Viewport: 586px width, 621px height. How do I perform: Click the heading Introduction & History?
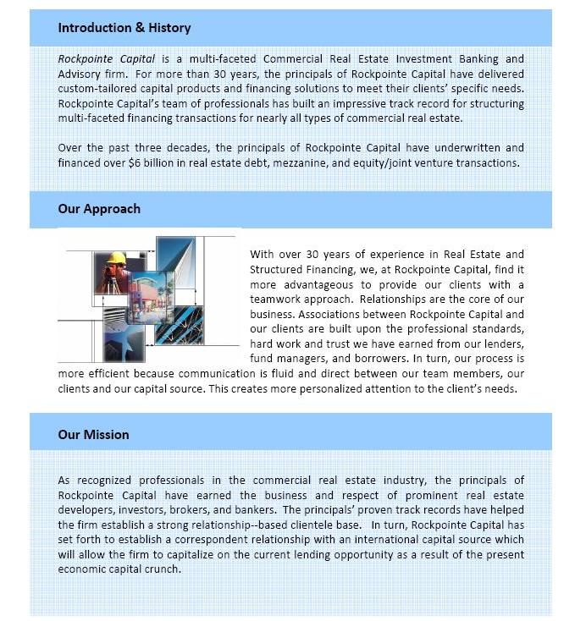coord(124,28)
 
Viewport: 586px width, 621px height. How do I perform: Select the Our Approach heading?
coord(99,209)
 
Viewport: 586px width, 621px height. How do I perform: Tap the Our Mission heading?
coord(93,435)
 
